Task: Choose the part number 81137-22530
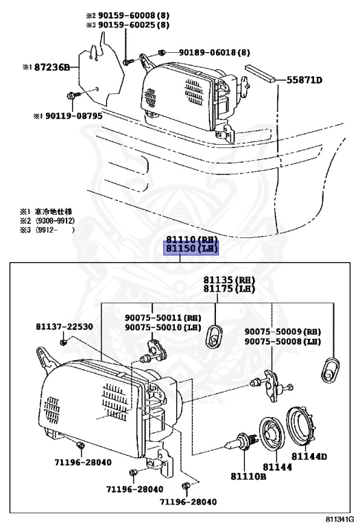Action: (64, 327)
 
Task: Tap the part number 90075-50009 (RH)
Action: (283, 331)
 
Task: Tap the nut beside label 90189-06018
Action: (160, 52)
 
